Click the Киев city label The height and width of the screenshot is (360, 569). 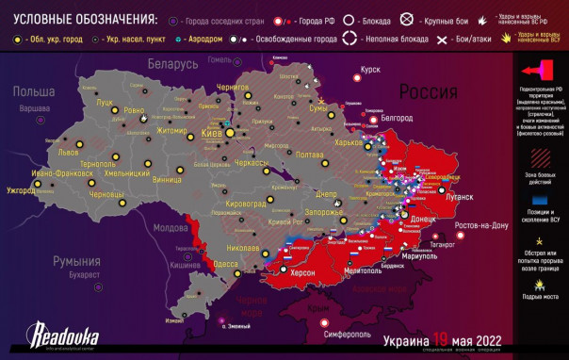(x=214, y=135)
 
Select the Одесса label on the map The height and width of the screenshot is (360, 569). (x=225, y=265)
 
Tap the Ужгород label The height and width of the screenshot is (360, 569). (x=22, y=191)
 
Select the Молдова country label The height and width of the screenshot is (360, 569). (x=171, y=228)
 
